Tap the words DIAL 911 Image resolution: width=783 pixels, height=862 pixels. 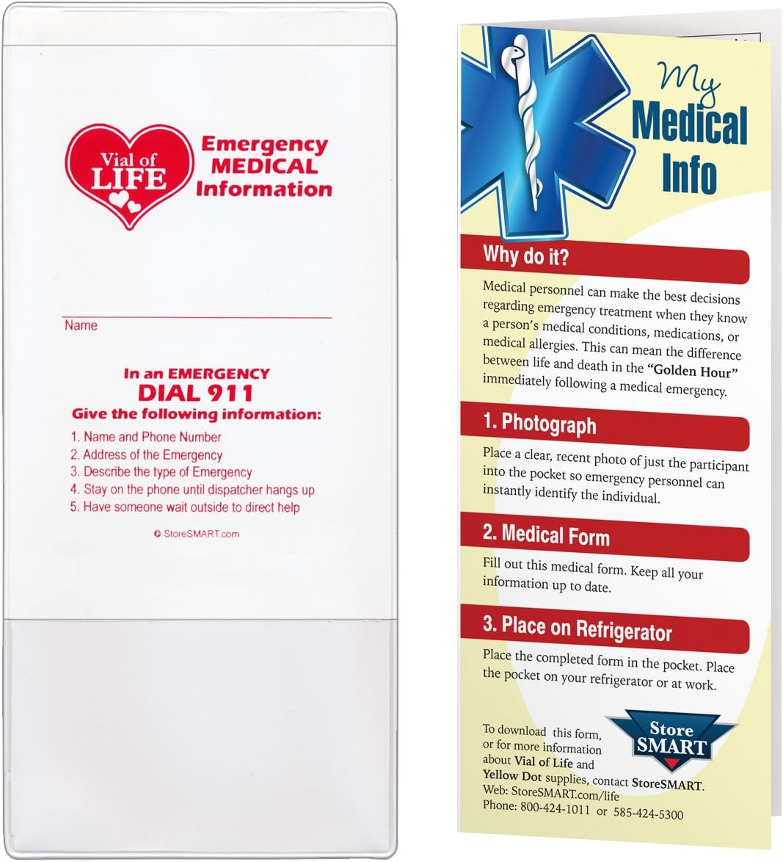point(196,393)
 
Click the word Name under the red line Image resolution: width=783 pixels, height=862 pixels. point(81,325)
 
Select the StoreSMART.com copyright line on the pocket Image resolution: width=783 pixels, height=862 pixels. point(197,534)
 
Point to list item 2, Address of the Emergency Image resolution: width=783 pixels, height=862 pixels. point(147,454)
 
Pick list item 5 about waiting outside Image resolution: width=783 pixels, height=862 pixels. point(185,507)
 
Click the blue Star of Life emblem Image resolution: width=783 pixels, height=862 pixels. point(543,132)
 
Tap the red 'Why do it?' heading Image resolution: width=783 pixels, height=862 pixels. point(526,256)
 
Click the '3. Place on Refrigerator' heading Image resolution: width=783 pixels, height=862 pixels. point(577,629)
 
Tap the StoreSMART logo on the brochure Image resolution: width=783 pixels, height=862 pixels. point(671,739)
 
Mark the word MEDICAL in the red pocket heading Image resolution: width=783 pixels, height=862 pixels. point(265,167)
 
